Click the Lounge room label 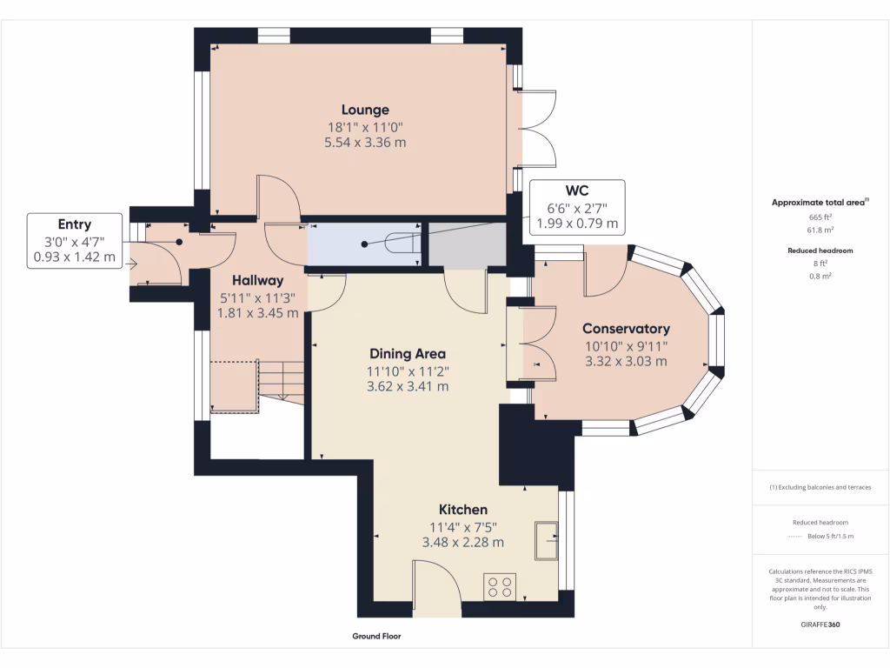(x=365, y=110)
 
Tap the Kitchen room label (x=462, y=510)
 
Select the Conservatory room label (x=626, y=329)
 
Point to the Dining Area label (x=408, y=354)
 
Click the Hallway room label (x=258, y=281)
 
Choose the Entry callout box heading (x=75, y=224)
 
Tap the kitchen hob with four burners (x=500, y=586)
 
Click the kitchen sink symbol (x=548, y=542)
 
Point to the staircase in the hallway (x=280, y=380)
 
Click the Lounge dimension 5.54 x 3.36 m (x=365, y=142)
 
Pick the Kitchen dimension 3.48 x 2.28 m (x=462, y=542)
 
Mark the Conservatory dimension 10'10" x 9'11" (x=626, y=345)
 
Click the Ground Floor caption (x=376, y=637)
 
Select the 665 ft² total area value (x=820, y=217)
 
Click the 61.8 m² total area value (x=820, y=230)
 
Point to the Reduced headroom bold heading (x=820, y=250)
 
